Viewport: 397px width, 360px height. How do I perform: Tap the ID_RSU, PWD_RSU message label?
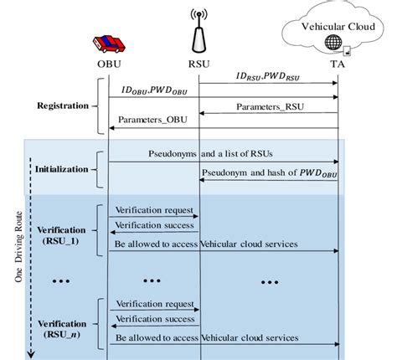(268, 77)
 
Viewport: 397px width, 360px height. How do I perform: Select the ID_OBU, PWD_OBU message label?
(153, 90)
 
